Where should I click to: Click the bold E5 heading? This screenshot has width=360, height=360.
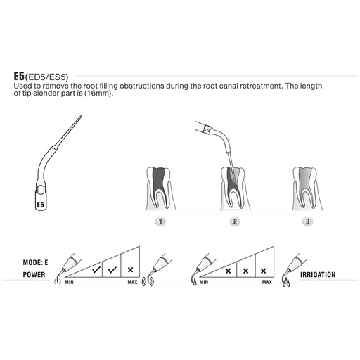click(x=19, y=76)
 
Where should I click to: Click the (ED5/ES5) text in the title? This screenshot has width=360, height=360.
click(x=47, y=77)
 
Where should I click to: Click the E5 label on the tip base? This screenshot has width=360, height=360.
click(x=40, y=205)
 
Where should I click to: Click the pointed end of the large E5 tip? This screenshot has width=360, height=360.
click(x=81, y=116)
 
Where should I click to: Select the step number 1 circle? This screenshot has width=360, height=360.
click(x=160, y=221)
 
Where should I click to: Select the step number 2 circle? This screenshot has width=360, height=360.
click(x=235, y=221)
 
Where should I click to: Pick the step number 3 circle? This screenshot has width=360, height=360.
click(x=307, y=221)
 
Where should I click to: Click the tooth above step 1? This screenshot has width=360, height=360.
click(x=161, y=188)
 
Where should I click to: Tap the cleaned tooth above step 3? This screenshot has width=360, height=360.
click(x=307, y=188)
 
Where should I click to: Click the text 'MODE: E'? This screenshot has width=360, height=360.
click(x=35, y=262)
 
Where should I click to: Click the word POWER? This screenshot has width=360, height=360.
click(x=34, y=274)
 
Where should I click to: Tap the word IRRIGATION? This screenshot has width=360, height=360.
click(x=318, y=274)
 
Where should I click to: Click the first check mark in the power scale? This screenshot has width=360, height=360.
click(x=96, y=270)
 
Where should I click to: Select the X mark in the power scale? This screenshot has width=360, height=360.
click(x=131, y=270)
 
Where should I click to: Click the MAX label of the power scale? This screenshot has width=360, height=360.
click(x=132, y=282)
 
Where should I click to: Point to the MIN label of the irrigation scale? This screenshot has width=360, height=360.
click(x=204, y=282)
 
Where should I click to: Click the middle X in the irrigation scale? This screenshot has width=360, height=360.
click(x=245, y=271)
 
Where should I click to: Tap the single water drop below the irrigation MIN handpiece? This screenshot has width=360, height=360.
click(x=195, y=283)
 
